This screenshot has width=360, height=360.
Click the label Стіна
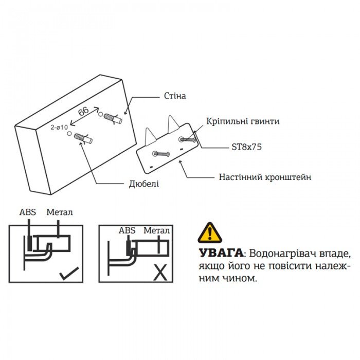click(174, 96)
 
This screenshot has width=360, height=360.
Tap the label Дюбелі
click(143, 184)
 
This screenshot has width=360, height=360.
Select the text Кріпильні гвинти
click(243, 121)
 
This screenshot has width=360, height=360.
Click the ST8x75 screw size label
click(246, 147)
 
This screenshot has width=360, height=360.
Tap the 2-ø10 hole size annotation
click(60, 127)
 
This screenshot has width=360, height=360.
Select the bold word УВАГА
click(220, 253)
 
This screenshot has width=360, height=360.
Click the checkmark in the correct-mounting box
click(68, 273)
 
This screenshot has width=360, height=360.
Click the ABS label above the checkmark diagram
click(28, 211)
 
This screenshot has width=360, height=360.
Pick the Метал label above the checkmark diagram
click(60, 211)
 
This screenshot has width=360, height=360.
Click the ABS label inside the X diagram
click(127, 230)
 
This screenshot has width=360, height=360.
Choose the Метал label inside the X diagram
click(156, 230)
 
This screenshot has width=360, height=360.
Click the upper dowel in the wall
click(112, 117)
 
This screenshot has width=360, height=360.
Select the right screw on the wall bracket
click(187, 139)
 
